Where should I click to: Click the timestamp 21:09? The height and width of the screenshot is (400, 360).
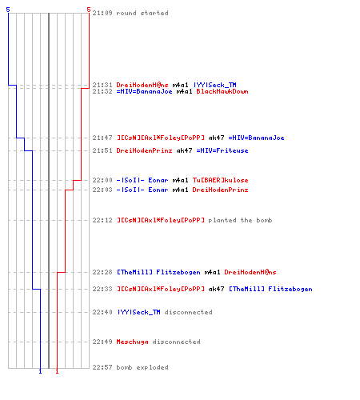102,13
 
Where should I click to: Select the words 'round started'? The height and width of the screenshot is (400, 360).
142,13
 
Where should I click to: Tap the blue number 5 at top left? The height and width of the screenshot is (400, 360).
8,10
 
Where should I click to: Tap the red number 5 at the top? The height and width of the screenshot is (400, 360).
89,10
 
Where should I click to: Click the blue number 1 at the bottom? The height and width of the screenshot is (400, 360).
40,371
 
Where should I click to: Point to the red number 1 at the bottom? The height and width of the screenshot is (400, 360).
57,371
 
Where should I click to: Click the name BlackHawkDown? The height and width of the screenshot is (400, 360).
222,91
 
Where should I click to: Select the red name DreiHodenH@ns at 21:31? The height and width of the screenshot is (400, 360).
142,85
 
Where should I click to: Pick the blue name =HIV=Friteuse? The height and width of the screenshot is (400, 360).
222,150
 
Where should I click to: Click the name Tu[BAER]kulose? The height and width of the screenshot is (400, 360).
221,180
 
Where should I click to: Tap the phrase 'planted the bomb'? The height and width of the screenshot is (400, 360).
240,220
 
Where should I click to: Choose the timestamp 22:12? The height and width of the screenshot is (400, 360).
102,220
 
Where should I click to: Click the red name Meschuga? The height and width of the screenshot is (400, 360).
132,342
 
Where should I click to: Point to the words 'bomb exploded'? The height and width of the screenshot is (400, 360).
142,367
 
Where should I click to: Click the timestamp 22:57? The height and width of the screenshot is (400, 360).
102,367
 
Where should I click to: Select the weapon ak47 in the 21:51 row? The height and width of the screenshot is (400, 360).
184,150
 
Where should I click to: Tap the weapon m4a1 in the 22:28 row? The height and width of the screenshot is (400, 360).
212,272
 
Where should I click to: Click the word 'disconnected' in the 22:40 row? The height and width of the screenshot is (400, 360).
188,312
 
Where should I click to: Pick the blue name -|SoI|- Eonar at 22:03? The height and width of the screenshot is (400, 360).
142,190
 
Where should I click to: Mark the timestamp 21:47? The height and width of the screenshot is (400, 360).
102,138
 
